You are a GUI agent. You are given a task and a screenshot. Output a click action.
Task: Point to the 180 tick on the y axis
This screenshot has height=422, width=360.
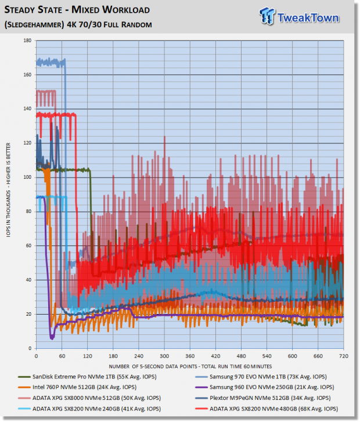[x=27, y=40]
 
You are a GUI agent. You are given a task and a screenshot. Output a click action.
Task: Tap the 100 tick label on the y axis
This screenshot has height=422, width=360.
[x=27, y=177]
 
